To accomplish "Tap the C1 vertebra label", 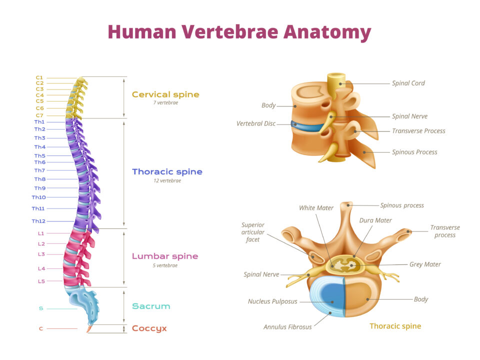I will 39,77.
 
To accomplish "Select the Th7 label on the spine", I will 39,170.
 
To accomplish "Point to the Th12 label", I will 38,221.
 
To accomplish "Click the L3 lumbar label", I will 41,254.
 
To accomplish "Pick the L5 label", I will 41,281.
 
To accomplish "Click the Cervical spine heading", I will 165,94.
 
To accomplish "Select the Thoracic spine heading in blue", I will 167,171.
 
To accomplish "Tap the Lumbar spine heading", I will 165,256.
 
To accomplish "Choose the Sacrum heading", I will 151,306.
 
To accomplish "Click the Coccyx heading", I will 149,328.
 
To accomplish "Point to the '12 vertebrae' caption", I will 167,180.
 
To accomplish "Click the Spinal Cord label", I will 408,83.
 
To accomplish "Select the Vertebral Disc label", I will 256,123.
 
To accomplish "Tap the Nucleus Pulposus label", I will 272,301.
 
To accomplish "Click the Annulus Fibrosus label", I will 287,327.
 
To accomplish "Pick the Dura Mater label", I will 375,220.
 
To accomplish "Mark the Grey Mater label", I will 425,264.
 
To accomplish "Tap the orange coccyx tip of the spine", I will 89,329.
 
